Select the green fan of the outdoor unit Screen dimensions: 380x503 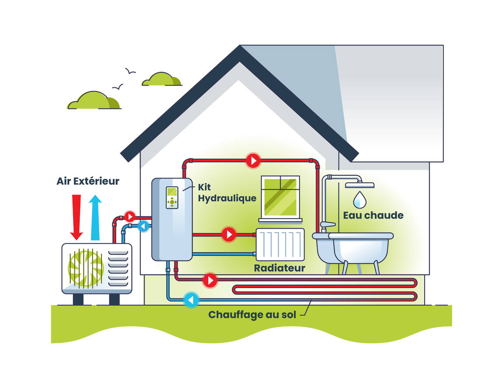(85, 267)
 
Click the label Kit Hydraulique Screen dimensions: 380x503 (227, 192)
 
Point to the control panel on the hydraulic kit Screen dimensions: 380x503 (172, 198)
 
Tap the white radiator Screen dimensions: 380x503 (280, 244)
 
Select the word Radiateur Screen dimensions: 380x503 (279, 268)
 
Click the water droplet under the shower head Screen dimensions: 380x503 (360, 199)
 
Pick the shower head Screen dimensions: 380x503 (360, 185)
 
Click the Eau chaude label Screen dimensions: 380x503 (373, 215)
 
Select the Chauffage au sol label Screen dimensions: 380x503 (252, 314)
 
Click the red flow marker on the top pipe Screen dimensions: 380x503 (253, 161)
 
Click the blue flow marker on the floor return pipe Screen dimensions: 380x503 (191, 300)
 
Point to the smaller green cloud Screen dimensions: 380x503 (161, 80)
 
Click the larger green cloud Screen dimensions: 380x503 (94, 101)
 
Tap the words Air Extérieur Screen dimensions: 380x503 (88, 181)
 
